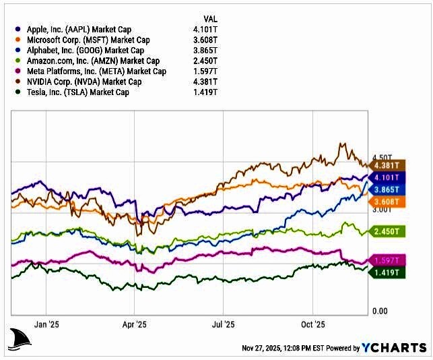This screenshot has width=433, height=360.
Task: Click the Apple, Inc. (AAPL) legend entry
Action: coord(79,30)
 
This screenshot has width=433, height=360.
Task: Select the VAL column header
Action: coord(210,18)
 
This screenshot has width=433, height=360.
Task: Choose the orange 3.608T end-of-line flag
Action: coord(387,201)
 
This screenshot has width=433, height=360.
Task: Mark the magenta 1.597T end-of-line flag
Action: coord(387,260)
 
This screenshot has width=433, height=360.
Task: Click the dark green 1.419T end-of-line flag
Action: coord(387,272)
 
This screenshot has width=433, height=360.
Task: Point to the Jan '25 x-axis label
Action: coord(46,324)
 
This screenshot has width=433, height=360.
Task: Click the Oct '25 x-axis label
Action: coord(312,324)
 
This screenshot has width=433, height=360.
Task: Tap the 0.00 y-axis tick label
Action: coord(380,311)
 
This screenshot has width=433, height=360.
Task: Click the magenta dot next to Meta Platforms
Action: coord(17,71)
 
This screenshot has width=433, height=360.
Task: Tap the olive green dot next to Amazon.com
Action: coord(17,61)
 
